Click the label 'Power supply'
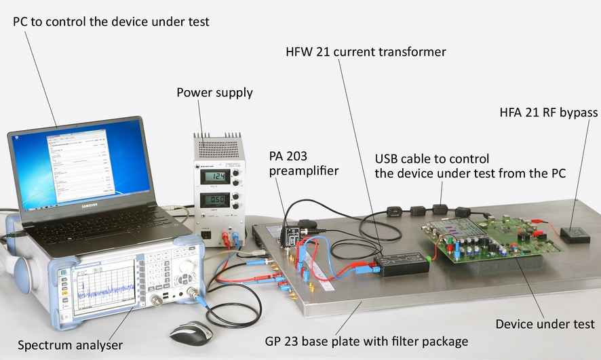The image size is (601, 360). [x=214, y=92]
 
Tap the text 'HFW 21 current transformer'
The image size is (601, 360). [x=366, y=52]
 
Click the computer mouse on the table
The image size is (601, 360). [x=190, y=332]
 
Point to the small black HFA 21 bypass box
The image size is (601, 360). [x=575, y=235]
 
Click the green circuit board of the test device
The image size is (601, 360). [x=488, y=237]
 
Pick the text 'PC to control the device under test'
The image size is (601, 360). [x=111, y=22]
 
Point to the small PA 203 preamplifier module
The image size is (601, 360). [x=292, y=235]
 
